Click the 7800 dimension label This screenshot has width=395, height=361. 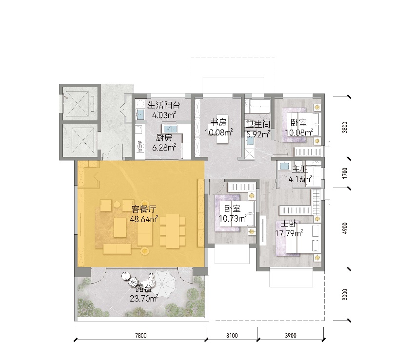tap(140, 335)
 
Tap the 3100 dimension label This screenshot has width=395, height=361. tap(232, 335)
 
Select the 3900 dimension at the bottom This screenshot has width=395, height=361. tap(291, 335)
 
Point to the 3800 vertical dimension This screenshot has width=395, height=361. tap(345, 127)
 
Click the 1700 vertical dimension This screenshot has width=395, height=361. tap(345, 173)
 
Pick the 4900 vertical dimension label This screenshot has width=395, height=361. tap(345, 228)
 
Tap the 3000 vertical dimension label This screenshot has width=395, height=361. tap(345, 295)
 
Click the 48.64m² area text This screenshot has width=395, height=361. tap(144, 219)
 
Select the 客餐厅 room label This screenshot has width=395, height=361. tap(144, 209)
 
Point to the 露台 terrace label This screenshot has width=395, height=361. tap(144, 288)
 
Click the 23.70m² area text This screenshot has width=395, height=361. tap(143, 299)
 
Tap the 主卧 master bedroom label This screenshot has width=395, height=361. tap(289, 224)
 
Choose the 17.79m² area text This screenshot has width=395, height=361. tap(289, 233)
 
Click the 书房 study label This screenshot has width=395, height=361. tap(218, 122)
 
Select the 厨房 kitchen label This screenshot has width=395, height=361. tap(164, 137)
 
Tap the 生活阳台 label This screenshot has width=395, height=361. tap(164, 105)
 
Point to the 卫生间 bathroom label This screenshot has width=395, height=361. tap(258, 124)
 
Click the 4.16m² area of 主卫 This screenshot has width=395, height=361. tap(300, 179)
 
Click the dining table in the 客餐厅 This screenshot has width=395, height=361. tap(173, 231)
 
